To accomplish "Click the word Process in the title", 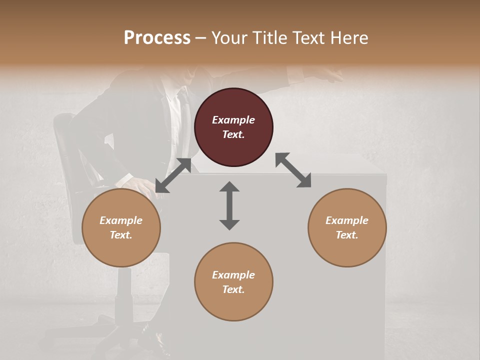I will [x=157, y=38].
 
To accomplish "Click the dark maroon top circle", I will [x=233, y=127].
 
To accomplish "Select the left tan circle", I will [x=121, y=227].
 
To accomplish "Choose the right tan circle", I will [x=347, y=227].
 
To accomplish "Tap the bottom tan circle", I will [x=233, y=282].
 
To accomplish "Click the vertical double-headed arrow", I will [x=229, y=205].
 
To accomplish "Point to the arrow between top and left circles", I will [x=173, y=175].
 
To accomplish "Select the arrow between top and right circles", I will [x=293, y=170].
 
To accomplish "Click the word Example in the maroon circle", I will [x=233, y=120].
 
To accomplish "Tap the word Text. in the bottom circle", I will [x=233, y=289].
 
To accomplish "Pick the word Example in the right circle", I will [x=347, y=220].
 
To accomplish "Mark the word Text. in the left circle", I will [x=121, y=235].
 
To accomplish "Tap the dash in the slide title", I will [x=201, y=38].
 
